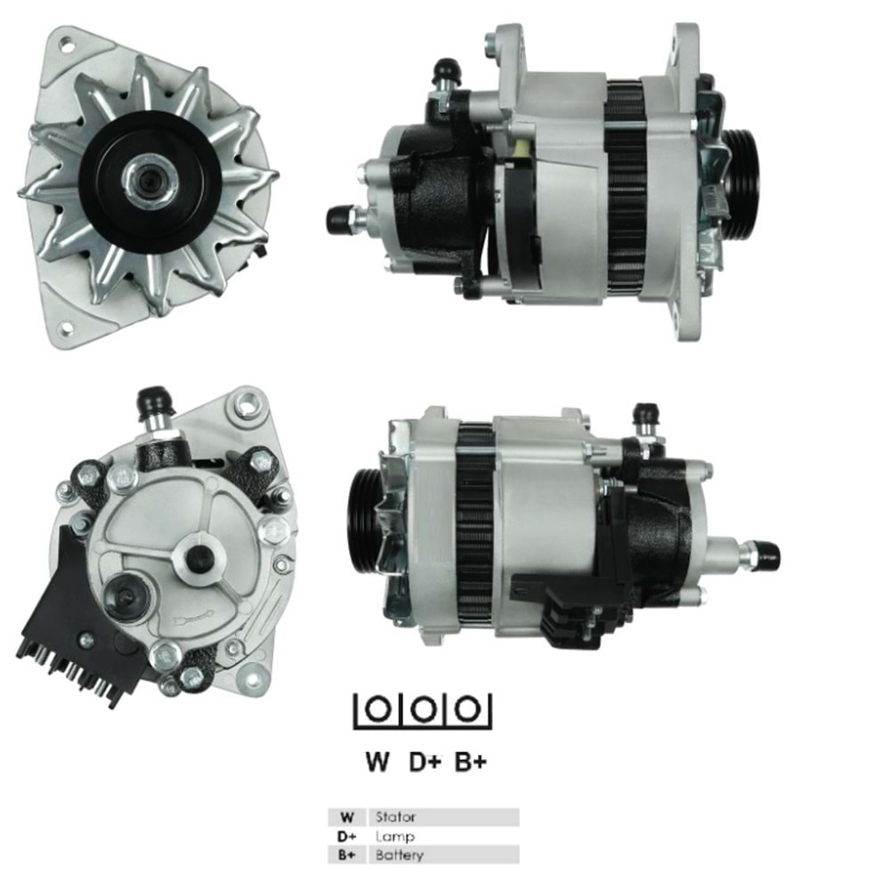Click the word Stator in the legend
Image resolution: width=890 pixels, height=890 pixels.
[395, 816]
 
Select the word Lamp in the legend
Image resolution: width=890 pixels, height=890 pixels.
[394, 837]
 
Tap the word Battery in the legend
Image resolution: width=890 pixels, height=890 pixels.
[399, 856]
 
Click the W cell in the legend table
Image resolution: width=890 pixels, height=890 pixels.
[347, 816]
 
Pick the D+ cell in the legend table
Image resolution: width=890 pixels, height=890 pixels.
[347, 837]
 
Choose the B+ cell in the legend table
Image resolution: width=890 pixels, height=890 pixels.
[347, 856]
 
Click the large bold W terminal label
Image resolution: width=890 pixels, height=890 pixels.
[376, 762]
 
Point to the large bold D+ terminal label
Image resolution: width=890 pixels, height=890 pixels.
[425, 762]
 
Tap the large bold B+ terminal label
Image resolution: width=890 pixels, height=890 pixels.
[471, 762]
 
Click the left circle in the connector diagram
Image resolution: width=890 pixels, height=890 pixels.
[378, 709]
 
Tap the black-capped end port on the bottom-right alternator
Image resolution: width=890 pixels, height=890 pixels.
[765, 556]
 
